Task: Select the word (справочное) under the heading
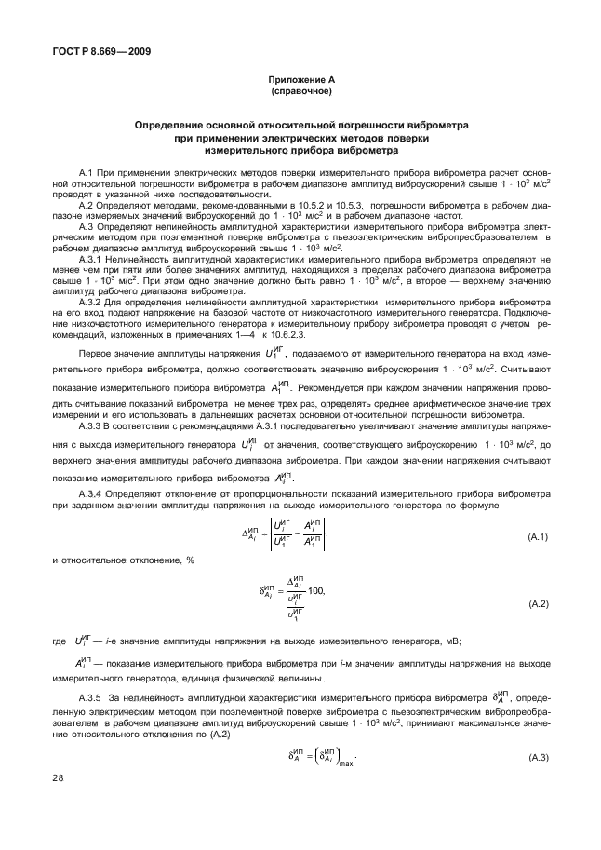pos(300,93)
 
